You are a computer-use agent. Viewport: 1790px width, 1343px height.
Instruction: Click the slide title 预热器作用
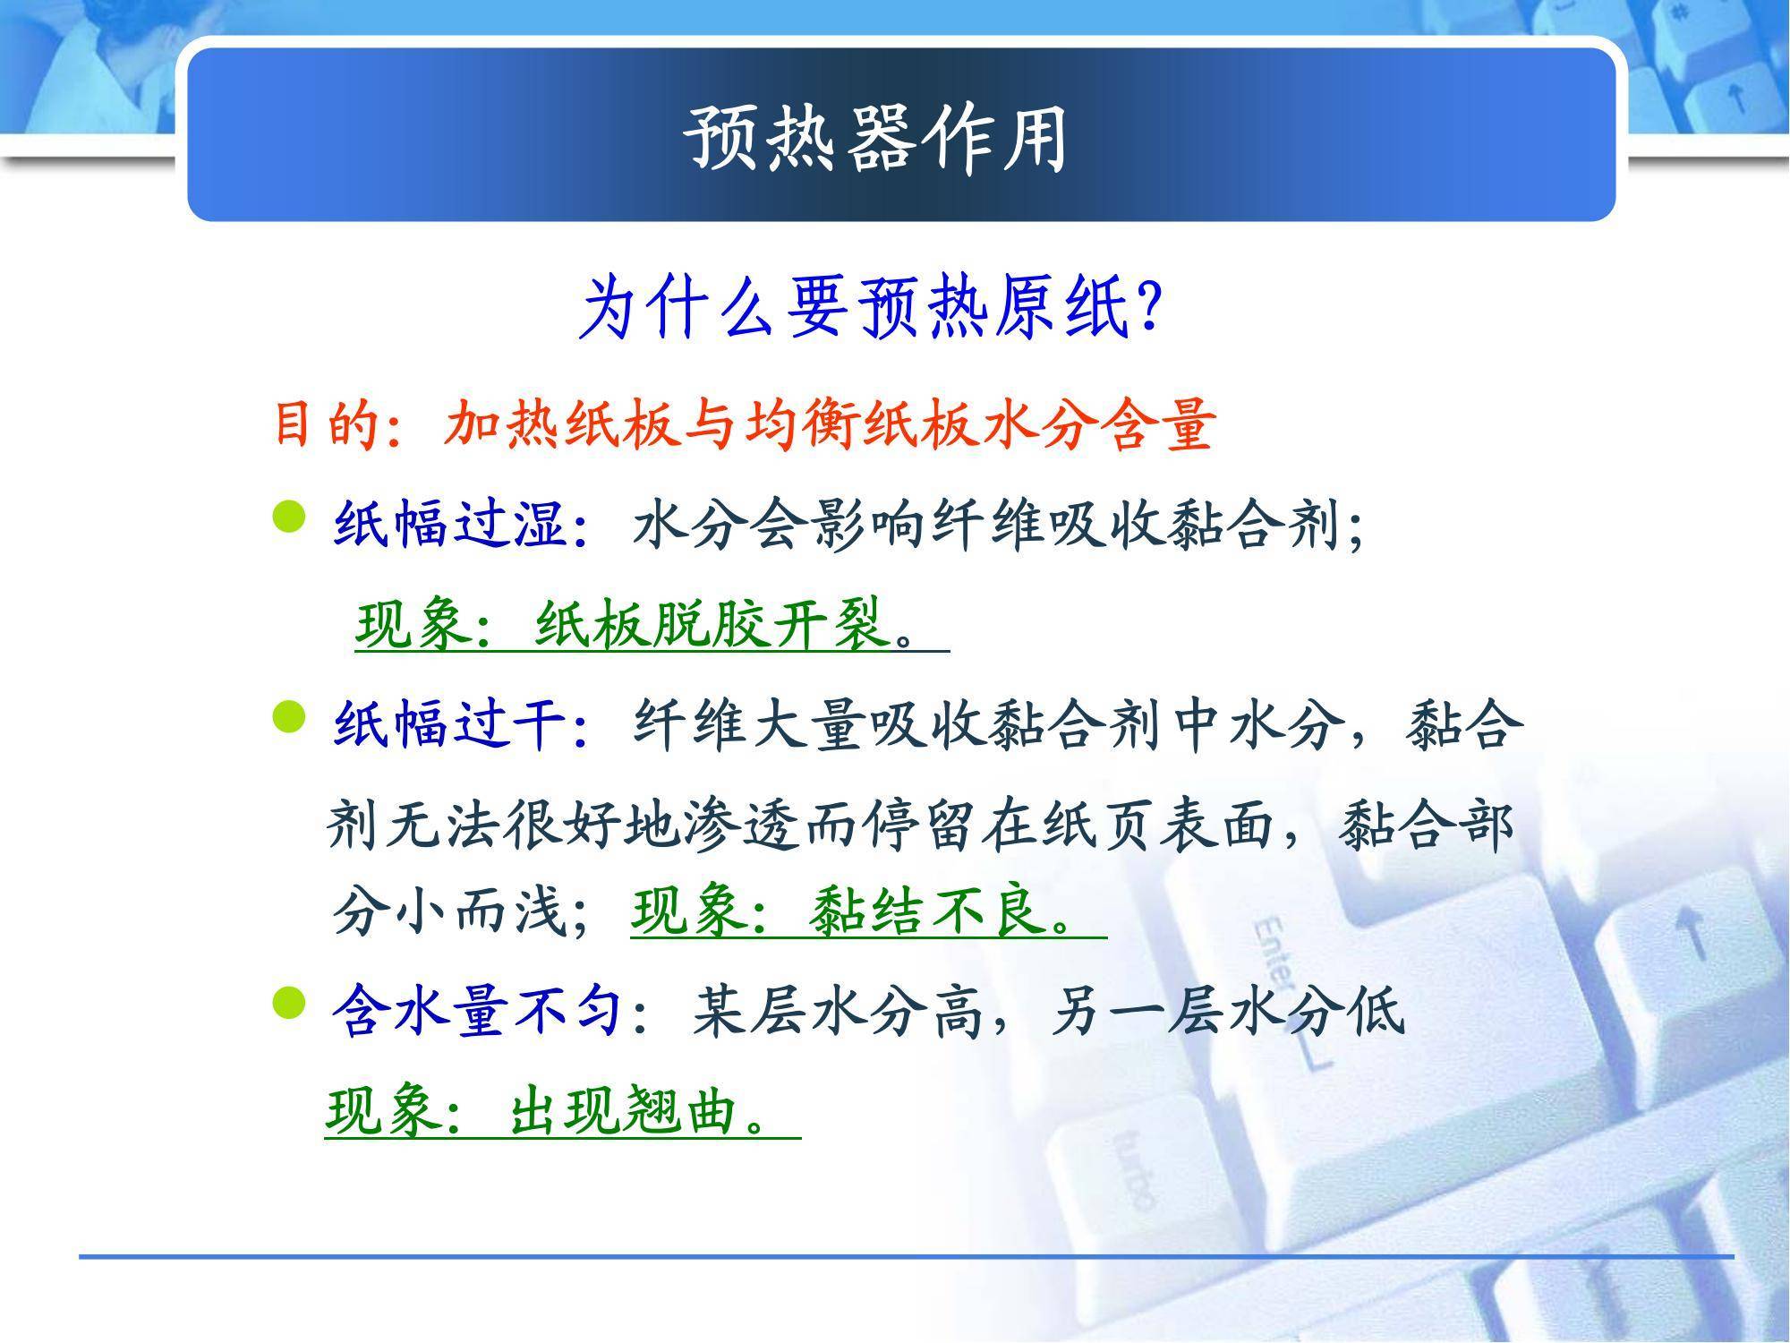[876, 139]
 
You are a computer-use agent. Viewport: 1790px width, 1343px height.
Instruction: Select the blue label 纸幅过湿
[450, 523]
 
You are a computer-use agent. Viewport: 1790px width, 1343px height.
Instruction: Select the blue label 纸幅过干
[450, 723]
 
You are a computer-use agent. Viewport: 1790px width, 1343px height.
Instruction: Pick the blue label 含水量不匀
[478, 1013]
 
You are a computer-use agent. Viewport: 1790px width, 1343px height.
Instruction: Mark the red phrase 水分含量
[1097, 423]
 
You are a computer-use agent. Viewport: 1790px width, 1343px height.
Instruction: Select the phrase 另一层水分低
[1228, 1013]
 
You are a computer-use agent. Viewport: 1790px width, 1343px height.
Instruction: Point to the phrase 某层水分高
[838, 1013]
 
